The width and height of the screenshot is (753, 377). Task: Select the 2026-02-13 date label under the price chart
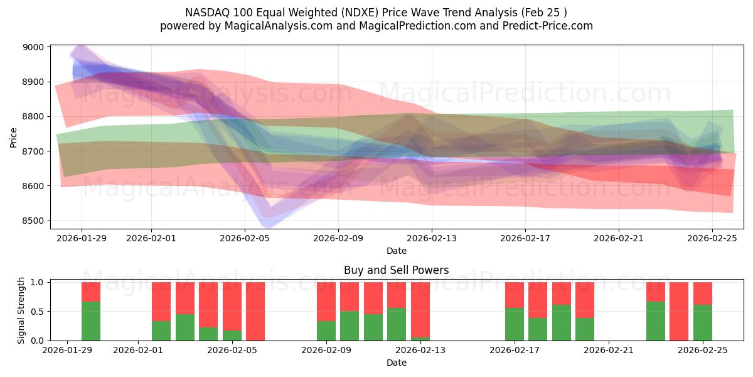click(x=432, y=238)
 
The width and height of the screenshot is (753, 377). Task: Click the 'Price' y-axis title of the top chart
click(x=14, y=136)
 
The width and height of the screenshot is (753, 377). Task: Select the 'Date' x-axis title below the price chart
click(x=396, y=251)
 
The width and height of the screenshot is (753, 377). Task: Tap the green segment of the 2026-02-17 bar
click(x=515, y=324)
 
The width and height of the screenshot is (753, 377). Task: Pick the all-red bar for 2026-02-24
click(x=679, y=311)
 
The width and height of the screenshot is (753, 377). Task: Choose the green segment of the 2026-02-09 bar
click(x=326, y=331)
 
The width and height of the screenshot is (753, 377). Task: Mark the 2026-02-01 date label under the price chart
click(x=151, y=238)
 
